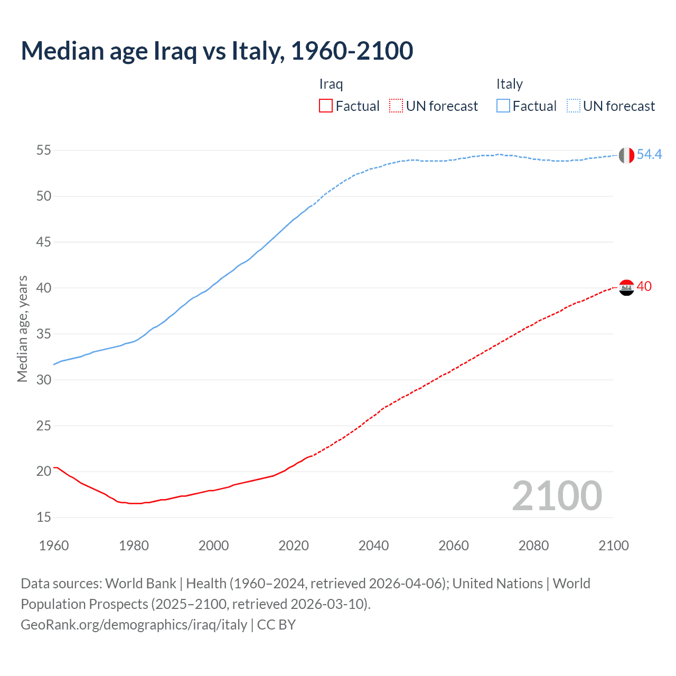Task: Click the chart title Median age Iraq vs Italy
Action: [x=217, y=51]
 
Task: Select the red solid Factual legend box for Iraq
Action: [x=326, y=106]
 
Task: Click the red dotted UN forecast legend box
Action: [x=396, y=106]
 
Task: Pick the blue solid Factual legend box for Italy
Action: [x=503, y=106]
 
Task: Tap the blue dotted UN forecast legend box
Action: [x=573, y=106]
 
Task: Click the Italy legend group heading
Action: [x=509, y=84]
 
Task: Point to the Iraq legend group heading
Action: [x=331, y=84]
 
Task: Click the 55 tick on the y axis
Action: [x=44, y=151]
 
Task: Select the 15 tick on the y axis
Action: [x=44, y=518]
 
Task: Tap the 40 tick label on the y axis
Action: [x=44, y=288]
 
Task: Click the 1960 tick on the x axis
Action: [x=54, y=546]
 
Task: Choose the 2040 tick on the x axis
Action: [x=373, y=546]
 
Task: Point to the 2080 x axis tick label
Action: [x=533, y=546]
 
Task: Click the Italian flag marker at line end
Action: [x=626, y=155]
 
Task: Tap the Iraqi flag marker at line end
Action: [x=626, y=288]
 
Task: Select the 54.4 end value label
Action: [x=649, y=154]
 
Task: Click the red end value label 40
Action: [x=644, y=286]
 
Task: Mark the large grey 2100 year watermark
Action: [x=557, y=496]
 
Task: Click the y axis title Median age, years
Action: [x=22, y=328]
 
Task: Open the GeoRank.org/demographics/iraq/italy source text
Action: [x=134, y=625]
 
